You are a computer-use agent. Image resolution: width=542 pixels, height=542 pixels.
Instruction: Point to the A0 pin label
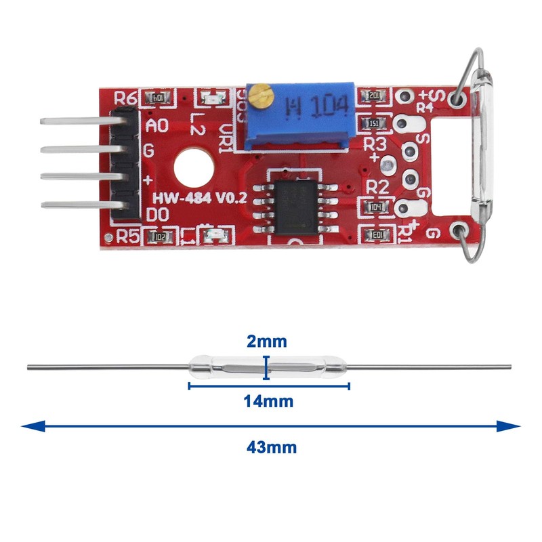pyautogui.click(x=157, y=125)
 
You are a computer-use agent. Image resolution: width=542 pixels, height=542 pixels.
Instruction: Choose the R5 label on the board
pyautogui.click(x=127, y=237)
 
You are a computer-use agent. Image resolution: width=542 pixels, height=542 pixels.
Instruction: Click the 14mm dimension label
pyautogui.click(x=268, y=402)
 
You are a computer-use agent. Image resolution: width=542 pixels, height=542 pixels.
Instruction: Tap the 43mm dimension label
pyautogui.click(x=271, y=447)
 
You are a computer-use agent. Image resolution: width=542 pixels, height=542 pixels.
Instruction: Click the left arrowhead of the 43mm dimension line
pyautogui.click(x=27, y=426)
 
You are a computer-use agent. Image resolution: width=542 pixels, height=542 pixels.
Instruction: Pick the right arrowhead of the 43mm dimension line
pyautogui.click(x=515, y=426)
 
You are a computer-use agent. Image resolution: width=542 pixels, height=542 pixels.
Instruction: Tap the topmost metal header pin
pyautogui.click(x=75, y=123)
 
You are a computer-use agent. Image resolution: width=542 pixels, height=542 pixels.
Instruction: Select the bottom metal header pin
pyautogui.click(x=75, y=205)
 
